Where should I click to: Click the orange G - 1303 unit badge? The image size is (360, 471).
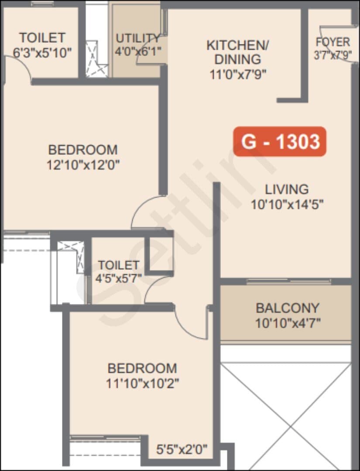(280, 141)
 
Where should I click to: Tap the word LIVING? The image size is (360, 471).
(287, 190)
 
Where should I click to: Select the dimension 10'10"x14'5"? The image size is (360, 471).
(287, 205)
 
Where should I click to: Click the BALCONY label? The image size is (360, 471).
(288, 308)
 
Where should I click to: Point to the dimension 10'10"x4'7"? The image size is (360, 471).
(288, 323)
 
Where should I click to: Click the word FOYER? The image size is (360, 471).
(333, 42)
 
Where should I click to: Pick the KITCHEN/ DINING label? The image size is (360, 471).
(238, 52)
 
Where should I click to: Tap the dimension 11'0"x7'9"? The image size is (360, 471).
(238, 74)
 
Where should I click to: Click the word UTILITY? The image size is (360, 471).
(138, 38)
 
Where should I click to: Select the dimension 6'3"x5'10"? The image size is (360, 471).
(42, 53)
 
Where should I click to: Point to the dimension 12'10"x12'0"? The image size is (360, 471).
(83, 164)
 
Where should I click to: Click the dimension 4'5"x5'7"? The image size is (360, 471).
(119, 278)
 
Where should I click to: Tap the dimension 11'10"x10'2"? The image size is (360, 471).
(142, 383)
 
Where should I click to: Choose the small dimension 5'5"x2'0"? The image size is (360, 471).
(182, 449)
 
